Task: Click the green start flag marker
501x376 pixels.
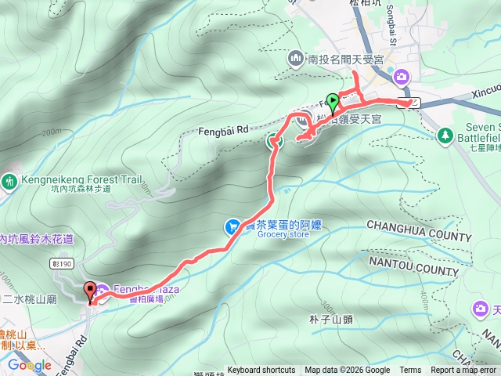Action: point(333,101)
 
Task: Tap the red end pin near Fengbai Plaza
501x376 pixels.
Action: point(89,291)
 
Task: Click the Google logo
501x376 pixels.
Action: point(30,365)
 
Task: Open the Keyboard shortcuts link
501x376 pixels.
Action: point(261,371)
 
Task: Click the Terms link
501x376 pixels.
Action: point(410,371)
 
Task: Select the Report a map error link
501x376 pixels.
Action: point(466,371)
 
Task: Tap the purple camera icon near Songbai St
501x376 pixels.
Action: point(402,76)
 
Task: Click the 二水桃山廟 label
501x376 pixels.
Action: point(28,298)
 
